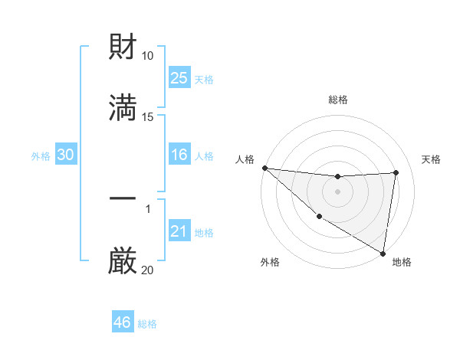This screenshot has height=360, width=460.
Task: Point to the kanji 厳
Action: click(x=123, y=260)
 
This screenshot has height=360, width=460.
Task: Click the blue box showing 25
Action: click(x=179, y=78)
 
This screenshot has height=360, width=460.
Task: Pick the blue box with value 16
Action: click(x=179, y=155)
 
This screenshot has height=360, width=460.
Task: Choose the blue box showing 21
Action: click(x=179, y=231)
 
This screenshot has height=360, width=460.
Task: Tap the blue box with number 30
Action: click(x=65, y=155)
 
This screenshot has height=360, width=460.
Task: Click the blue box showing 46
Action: click(x=122, y=322)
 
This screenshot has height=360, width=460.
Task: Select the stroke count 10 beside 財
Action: click(x=148, y=56)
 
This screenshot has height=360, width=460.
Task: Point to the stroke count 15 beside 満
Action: click(x=148, y=117)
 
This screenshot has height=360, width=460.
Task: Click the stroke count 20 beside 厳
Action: click(x=148, y=270)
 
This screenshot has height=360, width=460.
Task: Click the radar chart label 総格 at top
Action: click(x=338, y=100)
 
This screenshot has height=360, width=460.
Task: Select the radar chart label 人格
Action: click(x=245, y=159)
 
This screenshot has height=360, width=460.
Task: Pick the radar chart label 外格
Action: click(x=270, y=262)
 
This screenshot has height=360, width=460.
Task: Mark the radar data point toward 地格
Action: click(x=383, y=253)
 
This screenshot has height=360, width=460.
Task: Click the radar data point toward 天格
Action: click(x=396, y=172)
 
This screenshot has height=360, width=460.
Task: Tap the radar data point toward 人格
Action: click(x=264, y=168)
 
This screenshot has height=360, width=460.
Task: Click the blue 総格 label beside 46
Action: click(x=147, y=324)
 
